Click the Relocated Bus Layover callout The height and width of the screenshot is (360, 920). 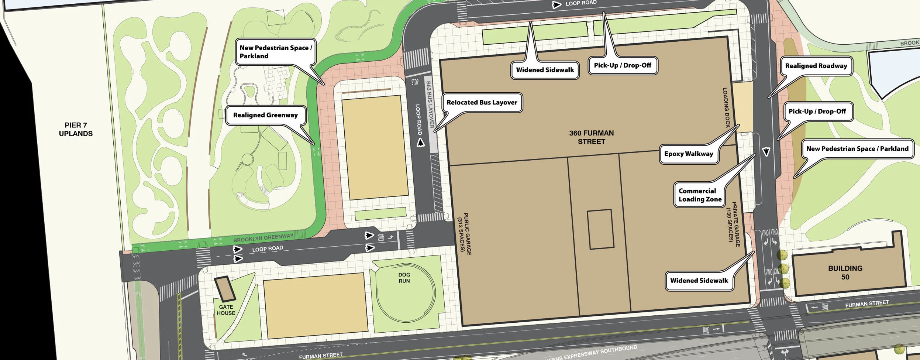click(x=482, y=102)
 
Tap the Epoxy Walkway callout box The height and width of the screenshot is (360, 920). click(x=689, y=154)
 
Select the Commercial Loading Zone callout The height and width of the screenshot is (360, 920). click(x=700, y=195)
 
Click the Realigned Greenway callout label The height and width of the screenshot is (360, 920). click(x=265, y=115)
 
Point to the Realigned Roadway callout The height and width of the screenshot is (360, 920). click(x=816, y=66)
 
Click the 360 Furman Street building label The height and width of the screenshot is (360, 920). click(x=591, y=137)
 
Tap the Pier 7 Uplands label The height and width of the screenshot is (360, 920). click(x=76, y=129)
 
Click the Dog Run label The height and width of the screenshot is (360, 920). click(x=404, y=278)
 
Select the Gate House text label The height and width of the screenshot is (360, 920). click(x=226, y=310)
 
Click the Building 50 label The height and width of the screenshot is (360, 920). click(x=845, y=272)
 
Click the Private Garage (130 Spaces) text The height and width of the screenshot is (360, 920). click(x=733, y=224)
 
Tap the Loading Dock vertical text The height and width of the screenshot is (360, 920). click(x=726, y=107)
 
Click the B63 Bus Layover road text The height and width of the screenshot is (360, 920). click(x=430, y=104)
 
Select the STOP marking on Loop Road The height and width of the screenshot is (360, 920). click(x=415, y=82)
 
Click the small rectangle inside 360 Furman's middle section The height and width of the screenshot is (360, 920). click(x=600, y=229)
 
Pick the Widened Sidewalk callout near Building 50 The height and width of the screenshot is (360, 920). click(x=699, y=281)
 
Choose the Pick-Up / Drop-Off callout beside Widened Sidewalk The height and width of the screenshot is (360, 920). click(x=622, y=65)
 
